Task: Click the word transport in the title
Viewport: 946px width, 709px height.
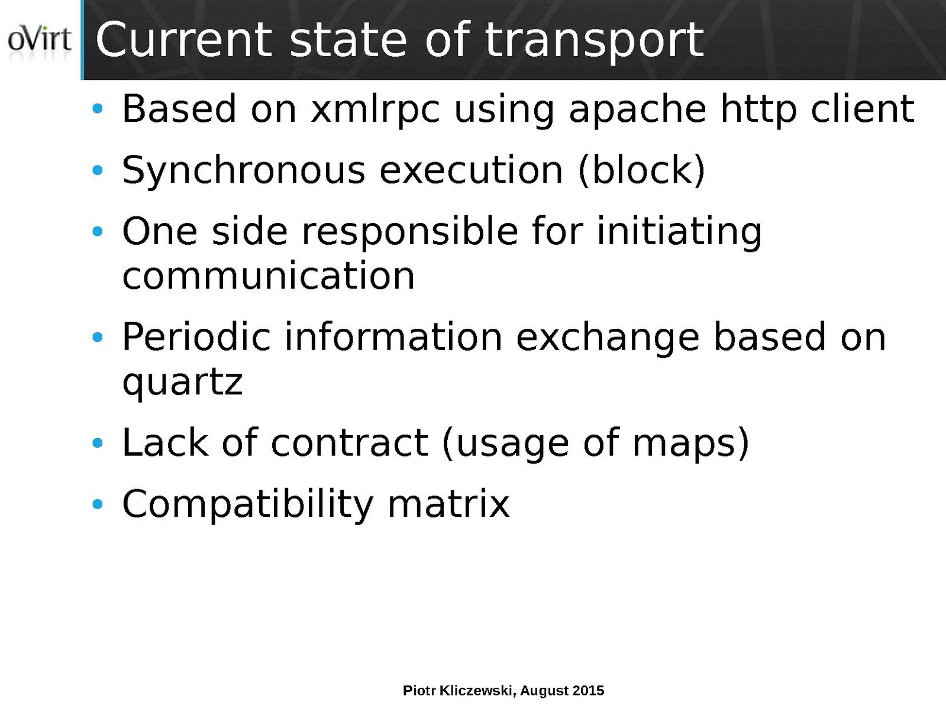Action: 594,41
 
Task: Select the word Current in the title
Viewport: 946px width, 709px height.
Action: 184,40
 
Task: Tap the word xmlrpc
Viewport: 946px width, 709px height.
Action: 375,110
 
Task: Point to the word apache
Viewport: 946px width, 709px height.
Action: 637,110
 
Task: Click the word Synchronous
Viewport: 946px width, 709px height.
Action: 244,171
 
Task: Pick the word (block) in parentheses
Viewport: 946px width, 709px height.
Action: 641,170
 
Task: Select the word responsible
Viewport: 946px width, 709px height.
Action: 409,232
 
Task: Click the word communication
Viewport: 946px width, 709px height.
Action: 269,276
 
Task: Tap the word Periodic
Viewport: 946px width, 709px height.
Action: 196,336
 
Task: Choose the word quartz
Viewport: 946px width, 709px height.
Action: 183,383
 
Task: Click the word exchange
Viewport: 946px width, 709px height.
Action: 607,338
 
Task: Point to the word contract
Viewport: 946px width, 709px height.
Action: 349,443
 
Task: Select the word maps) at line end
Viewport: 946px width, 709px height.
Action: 691,443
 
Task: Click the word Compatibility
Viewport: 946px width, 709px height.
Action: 248,504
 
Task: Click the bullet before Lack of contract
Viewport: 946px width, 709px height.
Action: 98,443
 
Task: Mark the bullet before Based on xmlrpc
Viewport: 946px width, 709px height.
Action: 98,109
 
